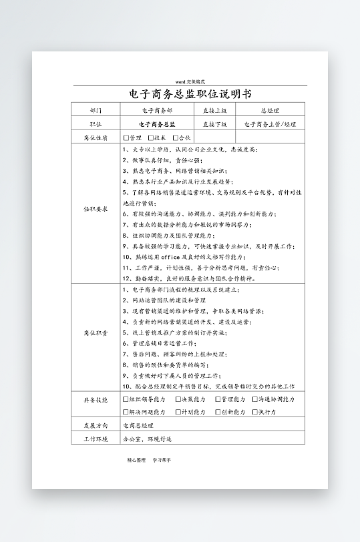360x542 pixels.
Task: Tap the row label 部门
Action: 96,110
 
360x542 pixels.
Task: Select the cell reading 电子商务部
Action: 157,110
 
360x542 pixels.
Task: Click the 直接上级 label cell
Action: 214,110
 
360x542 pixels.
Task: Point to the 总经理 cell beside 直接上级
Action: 270,110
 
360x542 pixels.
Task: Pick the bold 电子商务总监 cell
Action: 157,124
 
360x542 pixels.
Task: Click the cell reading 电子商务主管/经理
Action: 270,124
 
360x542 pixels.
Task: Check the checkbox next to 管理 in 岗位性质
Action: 126,138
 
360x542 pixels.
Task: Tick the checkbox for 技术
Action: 150,138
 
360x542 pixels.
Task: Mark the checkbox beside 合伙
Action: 175,138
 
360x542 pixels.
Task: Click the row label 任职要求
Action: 96,209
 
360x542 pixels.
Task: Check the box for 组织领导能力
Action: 126,399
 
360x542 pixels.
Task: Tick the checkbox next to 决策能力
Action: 178,399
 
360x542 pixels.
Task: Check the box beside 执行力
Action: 255,412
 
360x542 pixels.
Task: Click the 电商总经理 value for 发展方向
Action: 138,425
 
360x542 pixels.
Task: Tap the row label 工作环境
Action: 96,439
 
